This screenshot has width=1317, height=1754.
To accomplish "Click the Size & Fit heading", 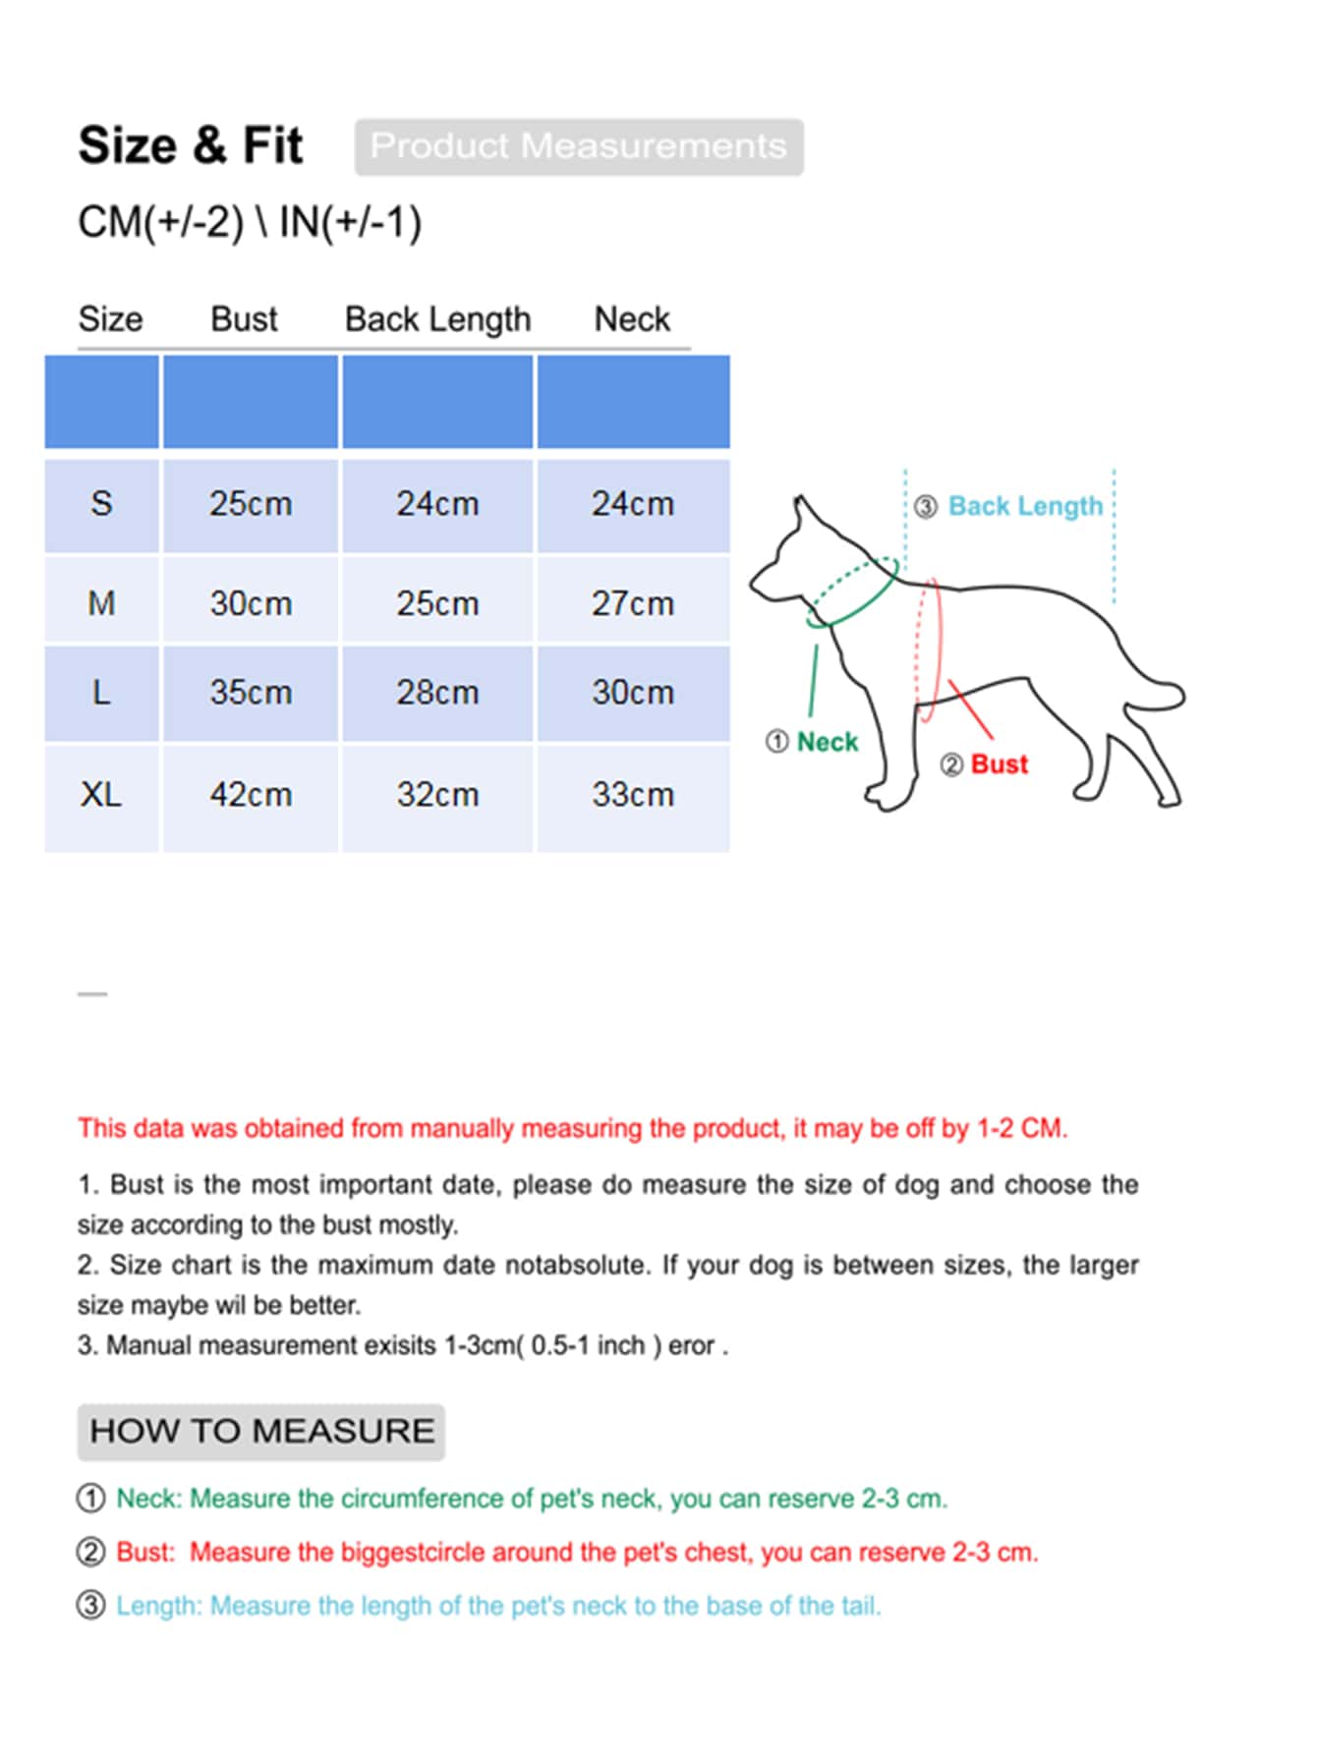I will click(191, 145).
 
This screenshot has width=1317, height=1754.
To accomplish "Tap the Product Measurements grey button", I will click(579, 146).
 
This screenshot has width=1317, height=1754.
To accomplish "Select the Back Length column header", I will click(437, 319).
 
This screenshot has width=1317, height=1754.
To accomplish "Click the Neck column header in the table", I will click(632, 319).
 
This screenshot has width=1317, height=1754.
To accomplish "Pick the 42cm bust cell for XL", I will click(251, 794).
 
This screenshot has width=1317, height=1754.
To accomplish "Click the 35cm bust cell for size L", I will click(251, 693).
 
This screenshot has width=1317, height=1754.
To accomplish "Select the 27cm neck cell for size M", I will click(633, 603).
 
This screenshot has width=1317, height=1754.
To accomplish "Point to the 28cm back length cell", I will click(437, 693).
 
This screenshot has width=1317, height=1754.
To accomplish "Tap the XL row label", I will click(101, 794).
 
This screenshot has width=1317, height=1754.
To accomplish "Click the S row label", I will click(101, 504).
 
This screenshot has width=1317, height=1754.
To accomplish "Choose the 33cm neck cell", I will click(633, 794).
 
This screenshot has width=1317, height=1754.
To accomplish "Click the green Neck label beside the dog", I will click(827, 742).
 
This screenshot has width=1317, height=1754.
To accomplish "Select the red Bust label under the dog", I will click(999, 764).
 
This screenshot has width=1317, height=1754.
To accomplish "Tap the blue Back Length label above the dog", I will click(1025, 506).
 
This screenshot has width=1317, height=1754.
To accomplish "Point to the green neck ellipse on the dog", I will click(852, 593).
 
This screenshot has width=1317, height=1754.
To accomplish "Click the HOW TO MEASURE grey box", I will click(261, 1431).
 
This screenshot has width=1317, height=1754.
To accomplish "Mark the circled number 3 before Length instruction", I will click(90, 1606).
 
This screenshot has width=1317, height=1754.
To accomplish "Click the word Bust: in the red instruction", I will click(145, 1553).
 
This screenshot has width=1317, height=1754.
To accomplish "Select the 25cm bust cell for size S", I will click(251, 504).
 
